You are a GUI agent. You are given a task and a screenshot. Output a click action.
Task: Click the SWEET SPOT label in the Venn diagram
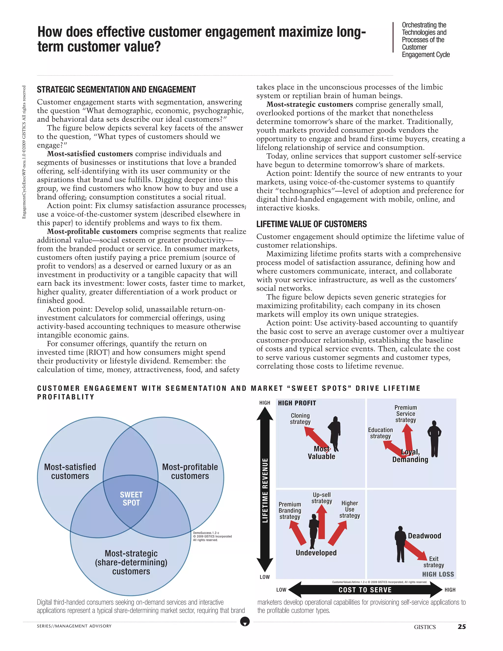pos(131,499)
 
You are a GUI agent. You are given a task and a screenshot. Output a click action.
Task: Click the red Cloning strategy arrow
pos(315,438)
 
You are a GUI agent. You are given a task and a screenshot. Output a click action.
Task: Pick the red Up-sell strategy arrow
pos(321,521)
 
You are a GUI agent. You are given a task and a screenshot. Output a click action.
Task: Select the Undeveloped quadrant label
pos(316,553)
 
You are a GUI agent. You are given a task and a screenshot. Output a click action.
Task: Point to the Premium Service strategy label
pos(405,413)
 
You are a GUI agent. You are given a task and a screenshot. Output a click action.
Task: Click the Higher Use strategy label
pos(349,509)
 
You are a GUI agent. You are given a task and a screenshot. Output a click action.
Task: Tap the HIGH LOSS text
pos(438,574)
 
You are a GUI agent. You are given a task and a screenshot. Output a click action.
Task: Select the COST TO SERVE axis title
pos(365,590)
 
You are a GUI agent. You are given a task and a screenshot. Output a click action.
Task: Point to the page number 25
pos(461,627)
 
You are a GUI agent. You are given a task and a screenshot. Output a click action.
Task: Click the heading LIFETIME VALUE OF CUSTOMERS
pos(311,224)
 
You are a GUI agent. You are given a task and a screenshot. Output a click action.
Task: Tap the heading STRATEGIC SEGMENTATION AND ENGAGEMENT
pos(116,89)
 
